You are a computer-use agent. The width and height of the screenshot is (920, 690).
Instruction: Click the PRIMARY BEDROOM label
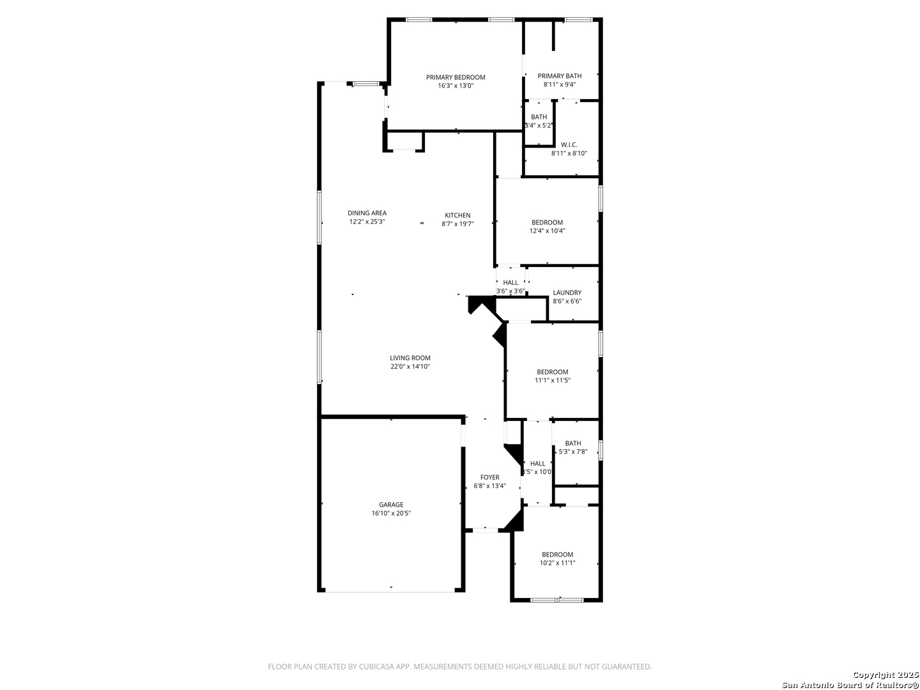(455, 77)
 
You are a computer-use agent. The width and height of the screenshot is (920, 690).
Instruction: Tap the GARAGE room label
(391, 505)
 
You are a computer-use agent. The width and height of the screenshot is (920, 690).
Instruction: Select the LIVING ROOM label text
(410, 358)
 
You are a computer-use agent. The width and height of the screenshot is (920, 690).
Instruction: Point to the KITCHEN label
(457, 215)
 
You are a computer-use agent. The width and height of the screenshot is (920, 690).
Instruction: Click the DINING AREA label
(367, 213)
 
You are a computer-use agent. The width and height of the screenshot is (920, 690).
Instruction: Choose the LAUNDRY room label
(567, 293)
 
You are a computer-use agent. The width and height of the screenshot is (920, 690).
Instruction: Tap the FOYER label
(489, 477)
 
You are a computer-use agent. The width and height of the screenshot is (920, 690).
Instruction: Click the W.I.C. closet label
(569, 144)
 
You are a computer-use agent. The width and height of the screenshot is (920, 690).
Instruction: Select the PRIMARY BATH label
(560, 76)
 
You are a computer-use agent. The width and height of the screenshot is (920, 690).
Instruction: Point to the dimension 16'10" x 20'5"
(391, 513)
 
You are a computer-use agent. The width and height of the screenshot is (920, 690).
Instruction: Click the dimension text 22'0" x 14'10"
(410, 367)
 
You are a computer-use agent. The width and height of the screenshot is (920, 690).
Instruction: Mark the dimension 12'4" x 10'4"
(547, 231)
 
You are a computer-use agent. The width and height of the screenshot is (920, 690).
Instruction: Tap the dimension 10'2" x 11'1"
(557, 563)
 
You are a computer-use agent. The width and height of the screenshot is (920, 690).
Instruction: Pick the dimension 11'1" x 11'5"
(553, 380)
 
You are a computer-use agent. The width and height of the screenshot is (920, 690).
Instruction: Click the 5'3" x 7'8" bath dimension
(573, 452)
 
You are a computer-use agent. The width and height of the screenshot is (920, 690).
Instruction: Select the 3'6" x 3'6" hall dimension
(510, 291)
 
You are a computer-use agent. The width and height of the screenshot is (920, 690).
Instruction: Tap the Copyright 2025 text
(885, 675)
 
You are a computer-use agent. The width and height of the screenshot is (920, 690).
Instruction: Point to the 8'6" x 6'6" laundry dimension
(567, 301)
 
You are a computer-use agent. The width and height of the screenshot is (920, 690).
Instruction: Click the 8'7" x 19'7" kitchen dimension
(457, 224)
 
